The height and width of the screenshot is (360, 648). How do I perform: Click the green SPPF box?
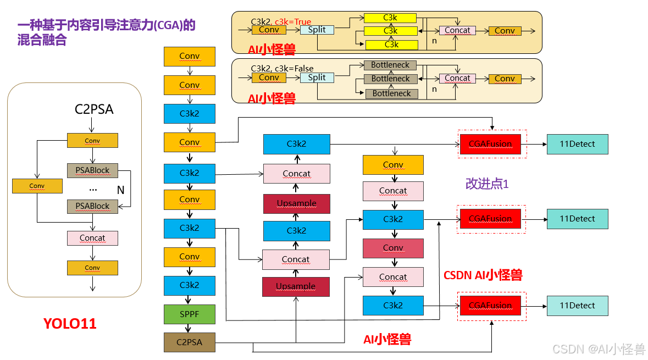pos(189,314)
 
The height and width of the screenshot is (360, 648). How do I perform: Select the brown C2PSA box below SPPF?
pos(189,342)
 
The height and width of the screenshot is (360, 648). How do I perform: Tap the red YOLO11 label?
pos(70,324)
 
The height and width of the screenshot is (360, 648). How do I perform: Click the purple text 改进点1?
pos(487,184)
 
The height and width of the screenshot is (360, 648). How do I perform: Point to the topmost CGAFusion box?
pos(490,144)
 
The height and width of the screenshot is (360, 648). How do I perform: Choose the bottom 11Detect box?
pos(577,306)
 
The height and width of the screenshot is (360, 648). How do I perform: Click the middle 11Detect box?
pos(577,219)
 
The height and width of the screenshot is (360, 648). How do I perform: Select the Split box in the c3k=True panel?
pos(317,30)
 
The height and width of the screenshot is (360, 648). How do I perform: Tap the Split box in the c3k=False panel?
pos(317,77)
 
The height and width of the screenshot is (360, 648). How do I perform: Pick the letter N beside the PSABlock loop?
pos(120,190)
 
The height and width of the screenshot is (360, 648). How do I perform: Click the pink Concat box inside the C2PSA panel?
pos(92,238)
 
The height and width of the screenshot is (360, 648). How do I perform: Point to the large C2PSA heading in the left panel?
pos(94,109)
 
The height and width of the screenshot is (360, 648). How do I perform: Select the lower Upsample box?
pos(296,286)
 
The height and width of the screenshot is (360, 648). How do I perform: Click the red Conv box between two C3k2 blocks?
pos(393,248)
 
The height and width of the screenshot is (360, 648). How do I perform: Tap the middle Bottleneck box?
pos(391,79)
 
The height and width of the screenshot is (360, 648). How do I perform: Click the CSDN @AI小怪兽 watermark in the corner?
pos(599,349)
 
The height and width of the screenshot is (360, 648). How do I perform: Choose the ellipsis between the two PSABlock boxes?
pos(93,189)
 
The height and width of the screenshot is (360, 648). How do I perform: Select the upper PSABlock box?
pos(92,170)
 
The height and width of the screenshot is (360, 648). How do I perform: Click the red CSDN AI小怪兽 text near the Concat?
pos(483,275)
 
